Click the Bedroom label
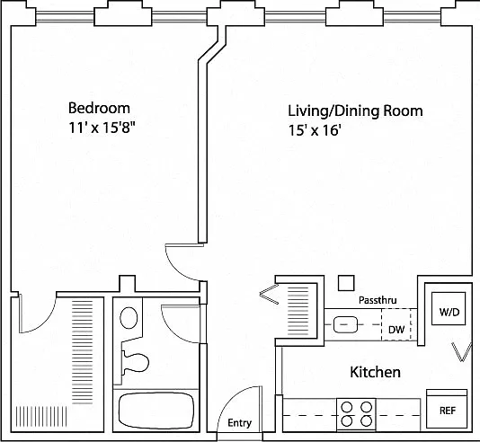tap(99, 108)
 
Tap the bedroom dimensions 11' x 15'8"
tap(102, 128)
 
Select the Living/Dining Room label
tap(355, 110)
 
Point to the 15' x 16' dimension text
tap(315, 130)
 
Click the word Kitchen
tap(375, 372)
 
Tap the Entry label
tap(239, 423)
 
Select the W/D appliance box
tap(449, 308)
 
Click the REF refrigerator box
tap(447, 409)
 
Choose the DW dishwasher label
tap(396, 330)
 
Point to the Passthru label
tap(378, 300)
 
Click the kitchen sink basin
tap(345, 325)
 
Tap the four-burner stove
tap(356, 414)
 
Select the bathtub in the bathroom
tap(156, 411)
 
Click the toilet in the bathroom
tap(135, 362)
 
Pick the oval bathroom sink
tap(129, 318)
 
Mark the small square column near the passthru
tap(346, 283)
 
